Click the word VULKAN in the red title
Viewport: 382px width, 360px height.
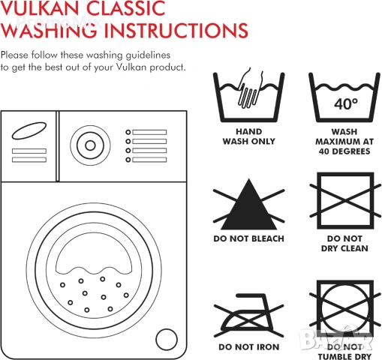40,8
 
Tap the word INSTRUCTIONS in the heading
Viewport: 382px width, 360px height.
176,30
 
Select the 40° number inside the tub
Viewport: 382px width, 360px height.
346,103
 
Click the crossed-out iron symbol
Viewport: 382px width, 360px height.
249,315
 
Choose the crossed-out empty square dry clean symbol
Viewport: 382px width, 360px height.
345,200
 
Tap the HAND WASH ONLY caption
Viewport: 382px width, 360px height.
249,136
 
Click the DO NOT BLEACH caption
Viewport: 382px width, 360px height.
249,238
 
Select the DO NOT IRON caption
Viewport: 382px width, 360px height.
249,347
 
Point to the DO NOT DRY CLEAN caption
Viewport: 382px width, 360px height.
344,244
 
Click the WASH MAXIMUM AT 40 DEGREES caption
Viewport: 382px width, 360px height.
344,142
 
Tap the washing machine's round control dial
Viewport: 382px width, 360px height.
90,145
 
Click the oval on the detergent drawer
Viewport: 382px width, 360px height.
29,130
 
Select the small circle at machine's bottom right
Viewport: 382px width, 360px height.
167,340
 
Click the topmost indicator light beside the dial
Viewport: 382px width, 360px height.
128,132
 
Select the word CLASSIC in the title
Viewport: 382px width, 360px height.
126,8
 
